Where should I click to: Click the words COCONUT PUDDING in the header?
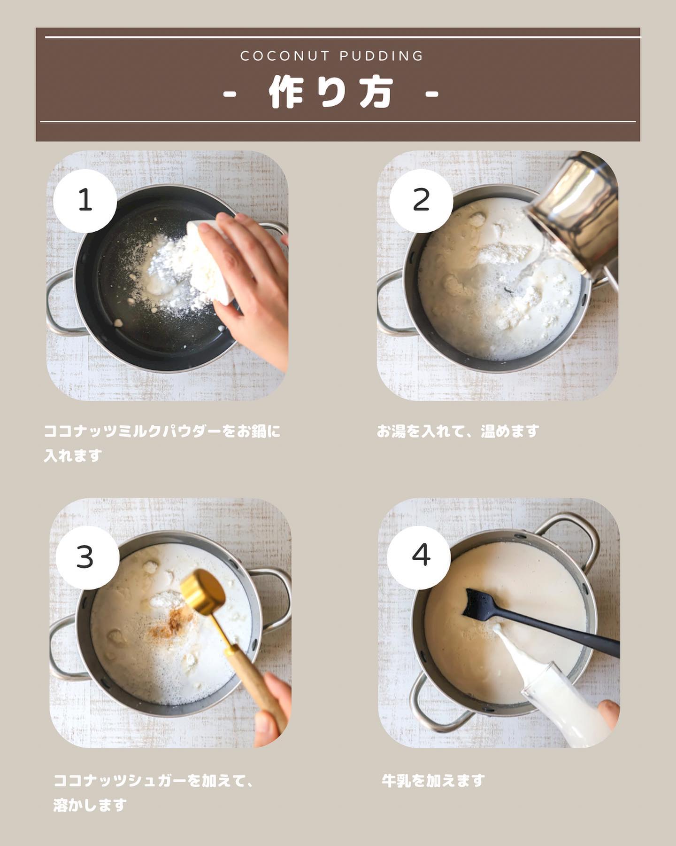332,56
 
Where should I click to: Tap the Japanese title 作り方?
331,93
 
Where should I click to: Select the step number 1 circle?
85,200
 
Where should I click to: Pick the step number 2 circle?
421,200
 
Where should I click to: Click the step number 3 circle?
87,557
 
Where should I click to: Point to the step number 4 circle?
419,557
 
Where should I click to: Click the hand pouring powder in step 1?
249,282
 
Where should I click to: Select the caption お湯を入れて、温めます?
458,431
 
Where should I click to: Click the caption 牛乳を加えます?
433,781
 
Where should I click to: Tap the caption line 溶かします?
90,805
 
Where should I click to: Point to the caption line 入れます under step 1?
73,455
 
